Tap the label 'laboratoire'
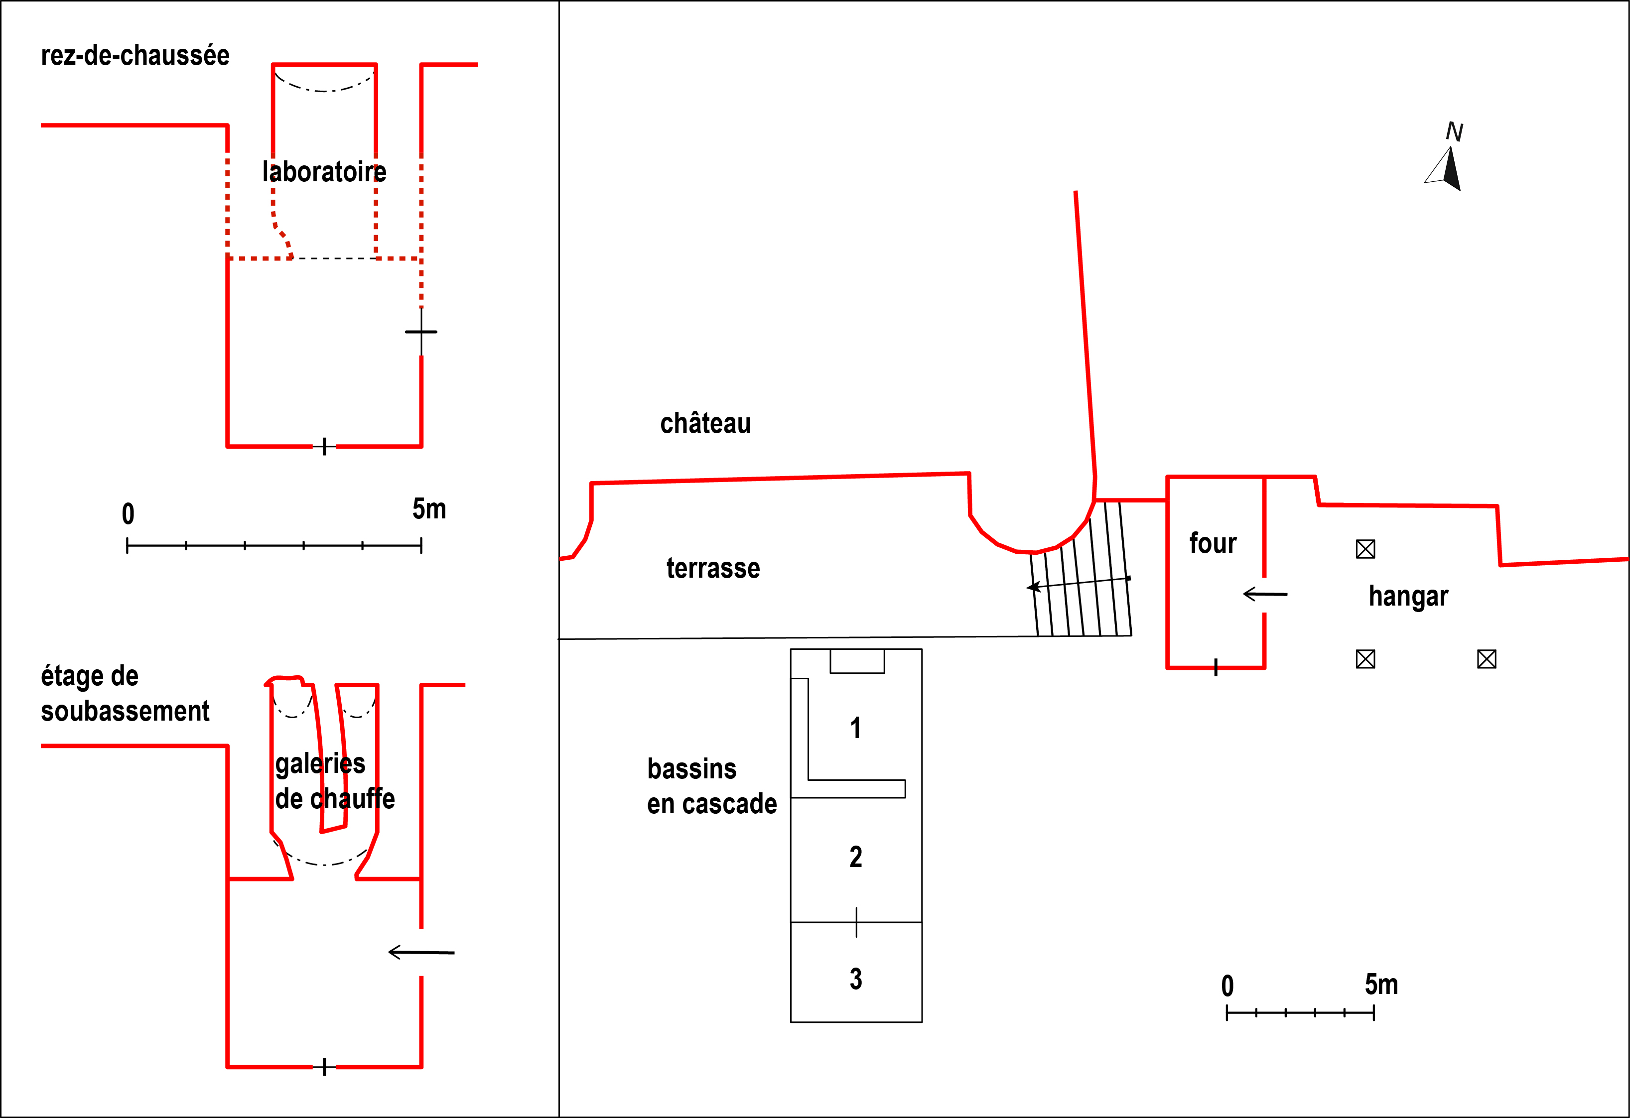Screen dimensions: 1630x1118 [x=324, y=172]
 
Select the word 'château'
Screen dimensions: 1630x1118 [x=705, y=423]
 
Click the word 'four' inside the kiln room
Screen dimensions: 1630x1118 [x=1213, y=543]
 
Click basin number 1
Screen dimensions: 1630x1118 [x=856, y=728]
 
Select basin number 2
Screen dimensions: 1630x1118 [x=856, y=857]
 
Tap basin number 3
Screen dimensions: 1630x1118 [x=856, y=979]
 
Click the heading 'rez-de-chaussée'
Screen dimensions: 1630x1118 [x=136, y=55]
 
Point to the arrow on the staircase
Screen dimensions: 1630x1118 [x=1078, y=583]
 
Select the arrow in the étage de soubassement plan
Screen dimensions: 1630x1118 [x=421, y=952]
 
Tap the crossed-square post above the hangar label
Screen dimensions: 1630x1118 [x=1365, y=549]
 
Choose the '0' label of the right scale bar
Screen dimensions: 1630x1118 [x=1227, y=986]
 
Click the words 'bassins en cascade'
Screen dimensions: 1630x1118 [x=712, y=786]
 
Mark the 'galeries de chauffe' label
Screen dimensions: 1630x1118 [x=335, y=781]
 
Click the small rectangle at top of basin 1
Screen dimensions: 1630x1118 [x=857, y=661]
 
